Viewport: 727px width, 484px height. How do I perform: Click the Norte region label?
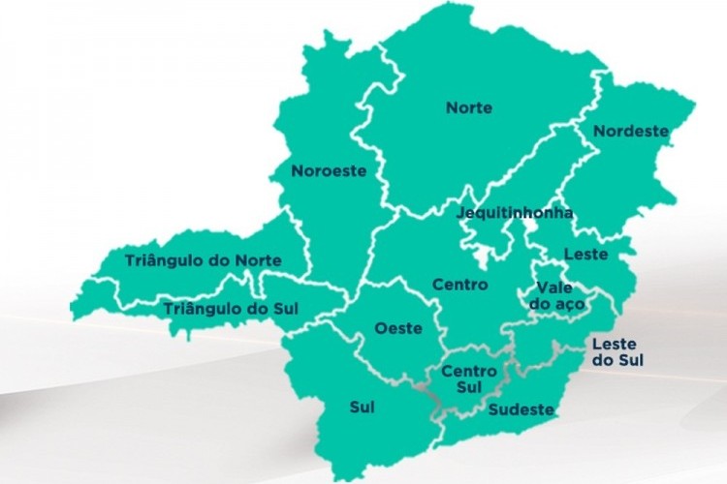[x=469, y=107]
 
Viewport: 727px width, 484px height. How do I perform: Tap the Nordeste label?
[x=631, y=131]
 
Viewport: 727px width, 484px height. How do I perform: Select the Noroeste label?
[x=329, y=170]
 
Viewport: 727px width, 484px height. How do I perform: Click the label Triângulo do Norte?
[x=204, y=260]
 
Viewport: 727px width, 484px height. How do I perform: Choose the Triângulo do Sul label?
[x=231, y=309]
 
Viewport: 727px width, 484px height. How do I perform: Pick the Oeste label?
[x=398, y=328]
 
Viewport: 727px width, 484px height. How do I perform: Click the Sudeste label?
[x=522, y=409]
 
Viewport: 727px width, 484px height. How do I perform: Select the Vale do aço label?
[x=552, y=296]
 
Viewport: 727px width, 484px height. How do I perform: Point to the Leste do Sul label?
[x=618, y=352]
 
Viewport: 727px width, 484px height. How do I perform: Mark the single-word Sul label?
[x=362, y=408]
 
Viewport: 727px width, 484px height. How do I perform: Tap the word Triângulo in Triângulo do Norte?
[x=164, y=260]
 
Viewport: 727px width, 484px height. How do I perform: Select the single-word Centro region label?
[x=459, y=286]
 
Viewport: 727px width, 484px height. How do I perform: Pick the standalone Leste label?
[x=585, y=255]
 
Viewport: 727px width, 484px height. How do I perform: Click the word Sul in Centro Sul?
[x=470, y=388]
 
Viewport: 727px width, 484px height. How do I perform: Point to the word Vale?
[x=553, y=287]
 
